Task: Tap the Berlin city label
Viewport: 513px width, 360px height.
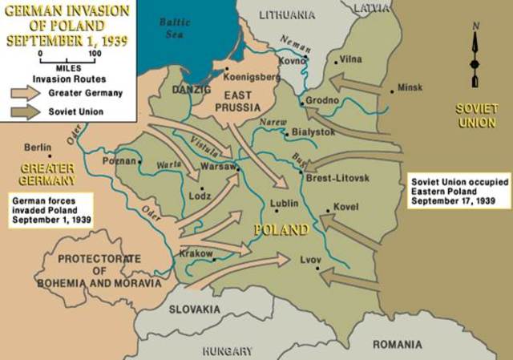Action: tap(38, 148)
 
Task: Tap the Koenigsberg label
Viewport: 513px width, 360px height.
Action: tap(254, 77)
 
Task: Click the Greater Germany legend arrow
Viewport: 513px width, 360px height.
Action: tap(26, 91)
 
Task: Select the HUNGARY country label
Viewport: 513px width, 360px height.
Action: tap(228, 350)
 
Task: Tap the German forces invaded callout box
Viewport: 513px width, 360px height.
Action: tap(48, 206)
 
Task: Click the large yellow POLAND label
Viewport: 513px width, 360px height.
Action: tap(281, 229)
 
